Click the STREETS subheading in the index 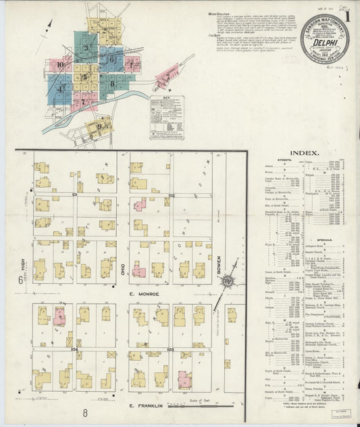pos(284,161)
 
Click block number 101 pos(76,195)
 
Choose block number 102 pos(172,195)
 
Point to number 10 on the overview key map pos(60,65)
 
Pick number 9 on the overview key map pos(100,126)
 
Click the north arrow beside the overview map pos(49,27)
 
